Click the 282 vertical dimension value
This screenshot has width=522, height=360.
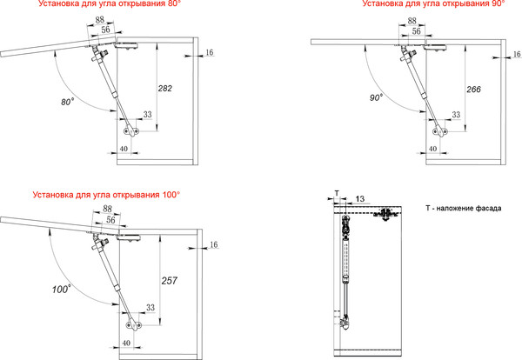[165, 89]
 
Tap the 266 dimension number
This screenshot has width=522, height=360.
[474, 90]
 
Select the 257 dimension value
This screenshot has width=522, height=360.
[170, 281]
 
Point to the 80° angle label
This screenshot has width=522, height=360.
[67, 102]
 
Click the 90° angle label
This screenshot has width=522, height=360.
[376, 97]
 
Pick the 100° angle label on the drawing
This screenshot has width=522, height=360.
[61, 289]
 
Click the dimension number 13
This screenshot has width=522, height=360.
[360, 199]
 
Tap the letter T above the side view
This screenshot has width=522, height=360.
[337, 193]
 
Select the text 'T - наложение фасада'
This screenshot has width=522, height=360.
[464, 209]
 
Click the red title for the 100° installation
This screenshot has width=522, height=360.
[106, 195]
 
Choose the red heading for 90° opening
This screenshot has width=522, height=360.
[433, 4]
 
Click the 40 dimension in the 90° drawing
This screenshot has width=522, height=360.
[432, 149]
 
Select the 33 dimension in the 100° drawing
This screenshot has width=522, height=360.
[151, 307]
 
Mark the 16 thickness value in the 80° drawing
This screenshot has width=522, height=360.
[210, 52]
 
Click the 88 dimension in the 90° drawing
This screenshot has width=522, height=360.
[412, 21]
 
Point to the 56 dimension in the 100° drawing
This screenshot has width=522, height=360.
[110, 220]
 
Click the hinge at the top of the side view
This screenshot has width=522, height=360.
[385, 214]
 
